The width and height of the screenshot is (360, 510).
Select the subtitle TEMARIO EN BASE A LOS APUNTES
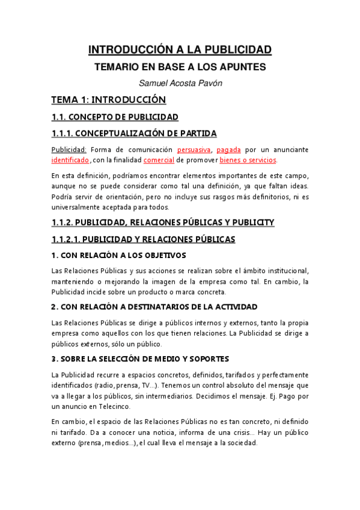(180, 67)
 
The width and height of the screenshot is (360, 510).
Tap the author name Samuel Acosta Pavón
(180, 84)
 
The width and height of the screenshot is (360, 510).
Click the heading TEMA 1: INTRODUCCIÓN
(108, 100)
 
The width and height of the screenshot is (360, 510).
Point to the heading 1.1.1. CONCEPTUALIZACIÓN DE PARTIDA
(133, 133)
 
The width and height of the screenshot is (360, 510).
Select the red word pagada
(229, 149)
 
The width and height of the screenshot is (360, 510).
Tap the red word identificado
(70, 160)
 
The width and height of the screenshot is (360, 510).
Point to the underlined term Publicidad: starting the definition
(69, 149)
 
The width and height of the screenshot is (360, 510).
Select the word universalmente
(77, 207)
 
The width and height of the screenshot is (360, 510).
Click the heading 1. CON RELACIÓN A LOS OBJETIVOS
(118, 255)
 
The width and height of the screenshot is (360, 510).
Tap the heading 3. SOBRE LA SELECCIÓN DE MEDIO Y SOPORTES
(140, 359)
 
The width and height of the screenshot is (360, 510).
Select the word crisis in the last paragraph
(235, 432)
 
